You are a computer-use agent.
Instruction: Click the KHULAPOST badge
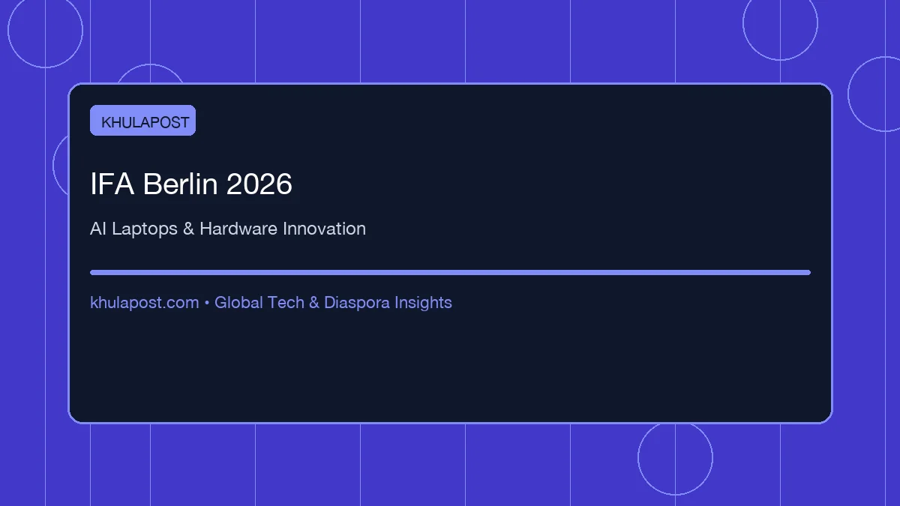click(142, 121)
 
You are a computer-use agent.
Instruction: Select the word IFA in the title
click(112, 184)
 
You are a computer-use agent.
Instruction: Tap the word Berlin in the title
click(181, 184)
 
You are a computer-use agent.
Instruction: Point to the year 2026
click(259, 184)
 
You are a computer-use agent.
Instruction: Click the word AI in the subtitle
click(98, 229)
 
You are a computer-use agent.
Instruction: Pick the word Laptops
click(145, 229)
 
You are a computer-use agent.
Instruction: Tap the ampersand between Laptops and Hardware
click(188, 229)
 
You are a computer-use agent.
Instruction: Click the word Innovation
click(324, 229)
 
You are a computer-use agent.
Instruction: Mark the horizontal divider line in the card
click(451, 273)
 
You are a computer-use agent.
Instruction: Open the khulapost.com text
click(145, 303)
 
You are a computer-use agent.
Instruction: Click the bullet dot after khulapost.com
click(207, 303)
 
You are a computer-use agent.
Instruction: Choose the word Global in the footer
click(238, 302)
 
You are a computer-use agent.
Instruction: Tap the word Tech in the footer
click(286, 302)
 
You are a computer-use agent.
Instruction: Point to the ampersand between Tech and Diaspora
click(314, 302)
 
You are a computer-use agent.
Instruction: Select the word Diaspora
click(357, 303)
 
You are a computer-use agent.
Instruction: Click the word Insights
click(423, 303)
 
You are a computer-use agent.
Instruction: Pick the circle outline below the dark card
click(638, 458)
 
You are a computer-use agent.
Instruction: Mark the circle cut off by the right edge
click(848, 94)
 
